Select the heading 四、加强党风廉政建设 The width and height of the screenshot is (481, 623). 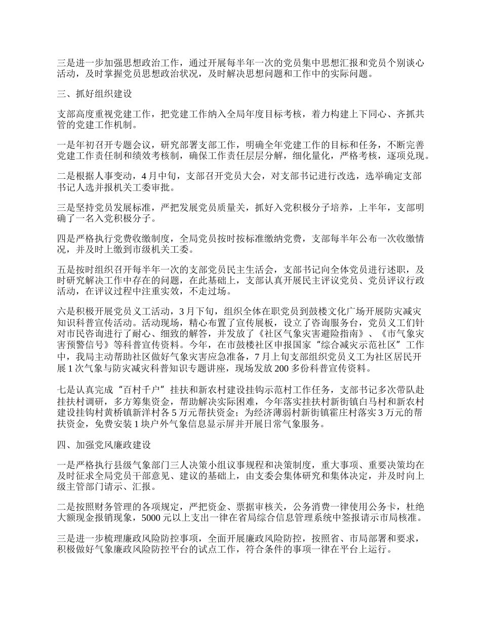[x=104, y=446]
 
